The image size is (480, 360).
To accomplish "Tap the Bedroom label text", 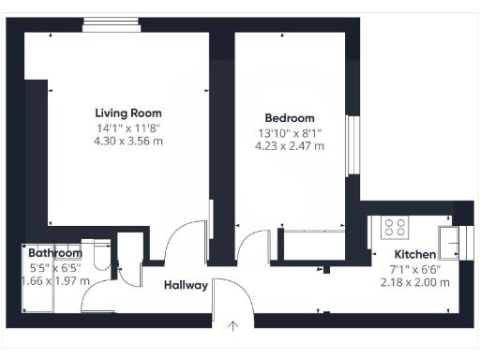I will pos(289,118).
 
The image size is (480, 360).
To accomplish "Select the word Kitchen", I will pos(414,255).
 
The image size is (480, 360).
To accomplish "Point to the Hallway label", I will pos(185,285).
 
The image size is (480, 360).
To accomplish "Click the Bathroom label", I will pos(54,253).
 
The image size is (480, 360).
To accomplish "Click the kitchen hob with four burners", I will pos(395,228).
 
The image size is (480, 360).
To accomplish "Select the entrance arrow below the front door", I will pos(233,326).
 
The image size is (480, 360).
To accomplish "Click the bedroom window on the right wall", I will pos(353,145).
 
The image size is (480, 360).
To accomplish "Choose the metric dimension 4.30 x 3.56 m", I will pos(128,142).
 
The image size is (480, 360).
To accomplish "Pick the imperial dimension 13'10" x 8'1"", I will pos(289,132).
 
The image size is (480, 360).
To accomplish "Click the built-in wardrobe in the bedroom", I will pos(319,246).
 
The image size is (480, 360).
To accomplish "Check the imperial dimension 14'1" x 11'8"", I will pos(128,127).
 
